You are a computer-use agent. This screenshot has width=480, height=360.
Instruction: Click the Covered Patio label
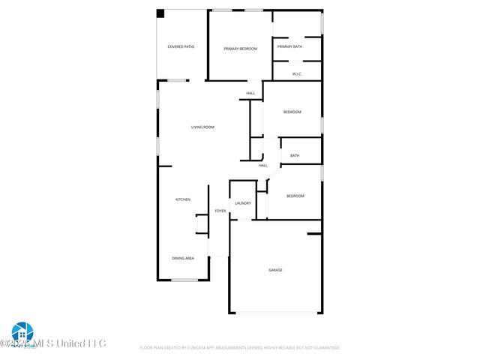[181, 47]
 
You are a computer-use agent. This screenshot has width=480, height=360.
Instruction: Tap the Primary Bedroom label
[241, 49]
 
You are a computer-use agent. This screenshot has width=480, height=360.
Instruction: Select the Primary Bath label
[289, 47]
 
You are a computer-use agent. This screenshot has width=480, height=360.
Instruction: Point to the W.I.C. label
[297, 73]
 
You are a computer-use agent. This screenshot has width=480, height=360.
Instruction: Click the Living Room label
[202, 127]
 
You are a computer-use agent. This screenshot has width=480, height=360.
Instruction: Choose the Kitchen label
[183, 199]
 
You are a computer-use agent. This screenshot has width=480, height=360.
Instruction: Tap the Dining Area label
[183, 258]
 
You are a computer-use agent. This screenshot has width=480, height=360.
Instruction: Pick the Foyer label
[220, 211]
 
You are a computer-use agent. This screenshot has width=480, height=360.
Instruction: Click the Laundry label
[243, 203]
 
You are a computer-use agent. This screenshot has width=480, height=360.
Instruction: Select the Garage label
[276, 270]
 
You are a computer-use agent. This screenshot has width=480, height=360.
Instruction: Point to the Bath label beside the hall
[295, 156]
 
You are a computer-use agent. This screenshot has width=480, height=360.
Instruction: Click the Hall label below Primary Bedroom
[250, 94]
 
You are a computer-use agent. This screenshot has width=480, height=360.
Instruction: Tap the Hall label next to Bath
[263, 166]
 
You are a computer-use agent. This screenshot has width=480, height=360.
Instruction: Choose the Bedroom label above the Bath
[292, 112]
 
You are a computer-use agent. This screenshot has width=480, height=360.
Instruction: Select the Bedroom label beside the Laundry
[295, 196]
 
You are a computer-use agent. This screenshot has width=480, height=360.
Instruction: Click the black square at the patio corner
[160, 13]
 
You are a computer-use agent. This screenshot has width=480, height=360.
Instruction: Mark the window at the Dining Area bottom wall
[184, 280]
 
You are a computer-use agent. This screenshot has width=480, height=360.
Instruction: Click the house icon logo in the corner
[22, 331]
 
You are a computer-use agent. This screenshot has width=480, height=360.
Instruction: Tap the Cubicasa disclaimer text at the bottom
[240, 348]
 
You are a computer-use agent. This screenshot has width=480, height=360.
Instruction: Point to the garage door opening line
[276, 313]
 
